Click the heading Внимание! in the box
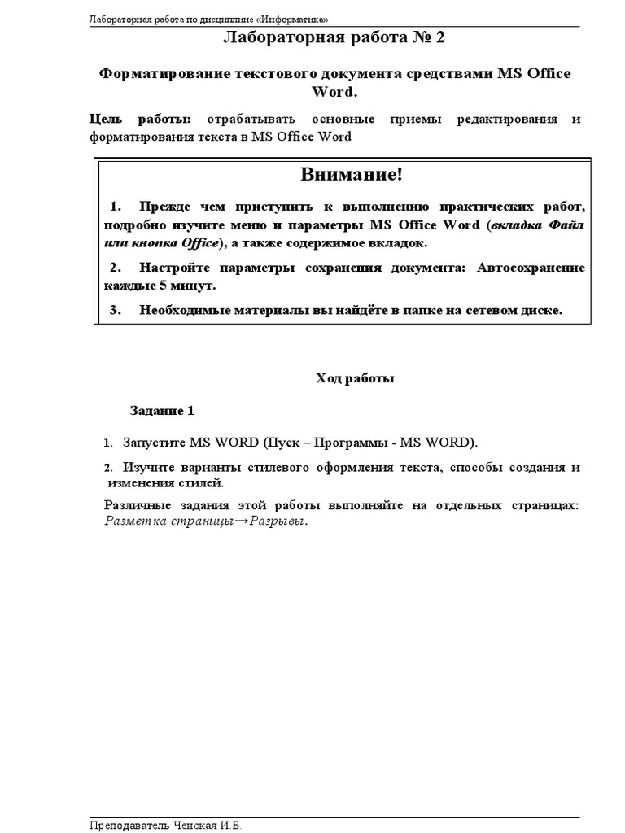[352, 174]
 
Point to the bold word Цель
[105, 120]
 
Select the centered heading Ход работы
[354, 378]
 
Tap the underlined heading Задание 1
[163, 411]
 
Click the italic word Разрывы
[278, 521]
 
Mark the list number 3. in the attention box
[115, 310]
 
